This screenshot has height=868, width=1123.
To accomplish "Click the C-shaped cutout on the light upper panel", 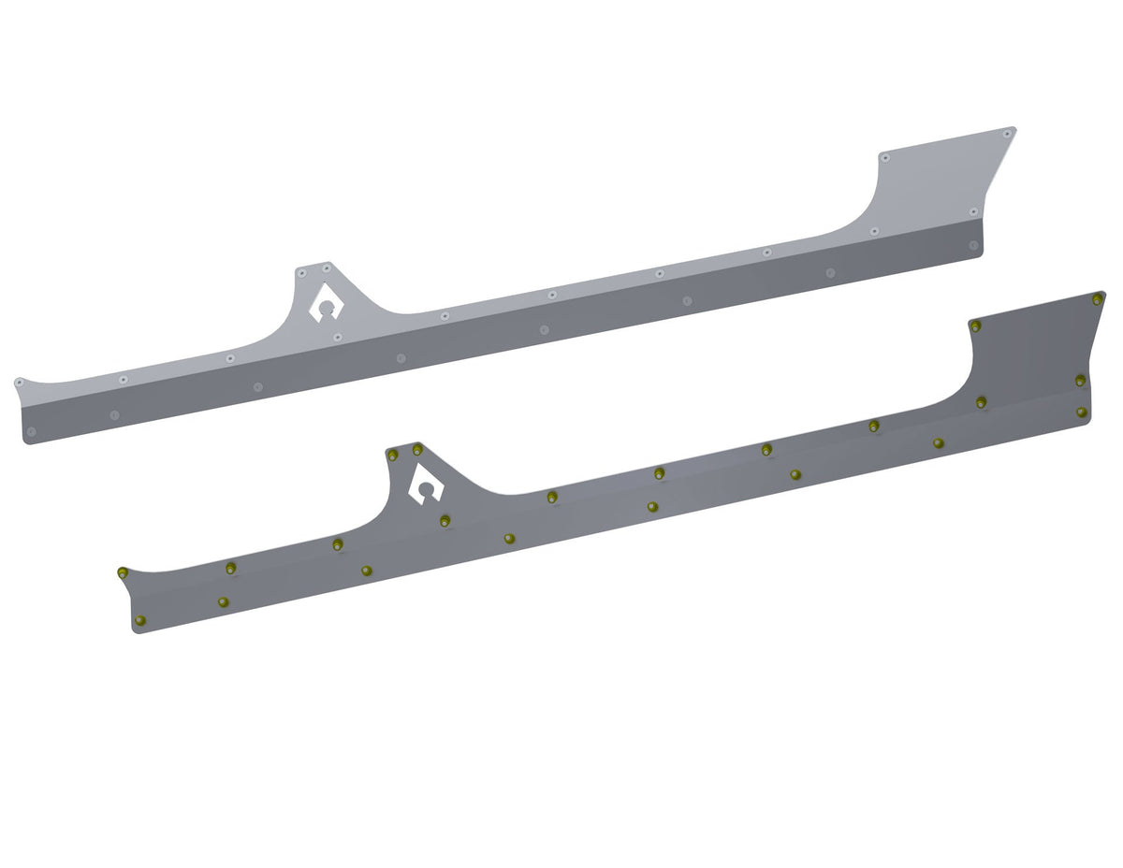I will (325, 303).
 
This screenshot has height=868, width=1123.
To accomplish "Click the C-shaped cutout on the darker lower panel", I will (427, 485).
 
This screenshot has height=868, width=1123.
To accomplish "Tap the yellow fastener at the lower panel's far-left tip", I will (122, 572).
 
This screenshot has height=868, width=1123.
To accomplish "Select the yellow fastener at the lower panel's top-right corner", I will (1097, 299).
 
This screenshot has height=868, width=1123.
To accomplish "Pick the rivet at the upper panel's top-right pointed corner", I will (1008, 132).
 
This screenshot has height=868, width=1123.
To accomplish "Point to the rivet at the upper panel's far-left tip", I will (19, 382).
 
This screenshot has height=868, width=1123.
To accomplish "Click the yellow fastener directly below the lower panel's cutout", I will (445, 520).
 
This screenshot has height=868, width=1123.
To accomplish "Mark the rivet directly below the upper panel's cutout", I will (337, 337).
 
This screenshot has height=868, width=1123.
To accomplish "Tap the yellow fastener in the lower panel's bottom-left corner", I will (140, 621).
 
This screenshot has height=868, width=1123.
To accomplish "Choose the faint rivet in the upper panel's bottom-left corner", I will (31, 431).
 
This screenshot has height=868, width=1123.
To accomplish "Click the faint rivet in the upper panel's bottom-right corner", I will (973, 245).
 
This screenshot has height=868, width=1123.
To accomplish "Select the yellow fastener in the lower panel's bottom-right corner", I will (1081, 412).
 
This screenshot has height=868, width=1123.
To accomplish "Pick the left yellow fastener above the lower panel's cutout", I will (393, 455).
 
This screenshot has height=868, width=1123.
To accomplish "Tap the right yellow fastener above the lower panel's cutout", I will (417, 450).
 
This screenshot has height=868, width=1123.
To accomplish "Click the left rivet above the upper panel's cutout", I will (302, 273).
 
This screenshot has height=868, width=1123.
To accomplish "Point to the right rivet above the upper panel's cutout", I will (327, 268).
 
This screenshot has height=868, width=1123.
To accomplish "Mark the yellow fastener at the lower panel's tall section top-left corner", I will (975, 326).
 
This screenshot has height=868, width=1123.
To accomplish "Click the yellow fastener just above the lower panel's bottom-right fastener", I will (1080, 380).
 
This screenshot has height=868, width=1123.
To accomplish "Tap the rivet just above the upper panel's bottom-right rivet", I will (973, 211).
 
